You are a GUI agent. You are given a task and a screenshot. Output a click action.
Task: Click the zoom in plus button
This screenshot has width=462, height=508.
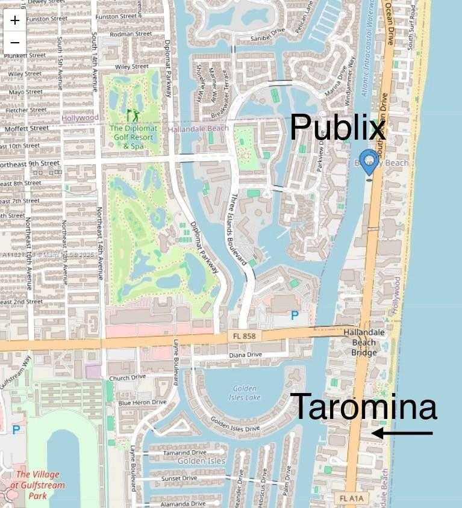[x=15, y=20]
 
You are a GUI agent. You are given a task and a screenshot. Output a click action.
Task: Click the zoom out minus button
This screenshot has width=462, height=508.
[x=15, y=43]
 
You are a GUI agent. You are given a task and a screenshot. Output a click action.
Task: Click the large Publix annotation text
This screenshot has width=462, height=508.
[x=337, y=128]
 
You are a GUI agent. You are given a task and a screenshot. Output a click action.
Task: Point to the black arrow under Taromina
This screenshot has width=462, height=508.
[x=402, y=433]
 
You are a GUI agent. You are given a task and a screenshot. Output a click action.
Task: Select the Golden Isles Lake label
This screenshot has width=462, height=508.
[x=243, y=393]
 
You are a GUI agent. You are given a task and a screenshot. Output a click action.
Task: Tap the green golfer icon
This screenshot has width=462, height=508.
[x=131, y=114]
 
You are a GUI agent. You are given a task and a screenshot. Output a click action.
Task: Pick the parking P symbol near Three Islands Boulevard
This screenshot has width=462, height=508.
[x=295, y=315]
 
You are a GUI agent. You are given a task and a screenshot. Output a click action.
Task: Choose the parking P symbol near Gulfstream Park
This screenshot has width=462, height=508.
[x=16, y=430]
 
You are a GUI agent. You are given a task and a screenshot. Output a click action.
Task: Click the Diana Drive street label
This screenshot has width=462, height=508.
[x=245, y=355]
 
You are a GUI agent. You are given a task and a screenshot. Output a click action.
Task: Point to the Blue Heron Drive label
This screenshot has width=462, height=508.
[x=142, y=402]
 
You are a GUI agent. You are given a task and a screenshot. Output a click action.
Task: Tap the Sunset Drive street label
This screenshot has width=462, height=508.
[x=179, y=479]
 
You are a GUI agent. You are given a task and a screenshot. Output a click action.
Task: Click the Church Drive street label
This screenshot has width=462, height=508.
[x=128, y=378]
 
